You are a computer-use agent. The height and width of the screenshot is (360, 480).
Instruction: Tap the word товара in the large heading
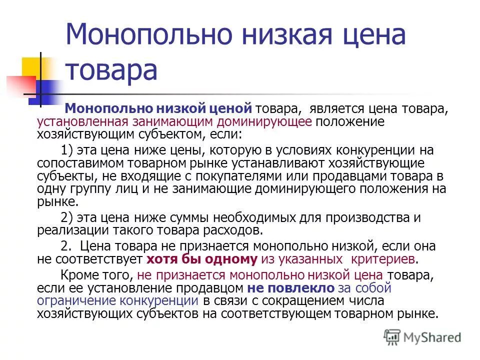(111, 69)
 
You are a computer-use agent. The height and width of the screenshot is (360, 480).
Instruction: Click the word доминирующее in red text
(272, 121)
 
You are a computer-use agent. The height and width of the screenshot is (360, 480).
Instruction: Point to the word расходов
(234, 231)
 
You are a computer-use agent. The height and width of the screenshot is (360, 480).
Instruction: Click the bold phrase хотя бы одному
(202, 259)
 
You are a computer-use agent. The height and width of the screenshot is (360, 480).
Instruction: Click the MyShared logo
(422, 336)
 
